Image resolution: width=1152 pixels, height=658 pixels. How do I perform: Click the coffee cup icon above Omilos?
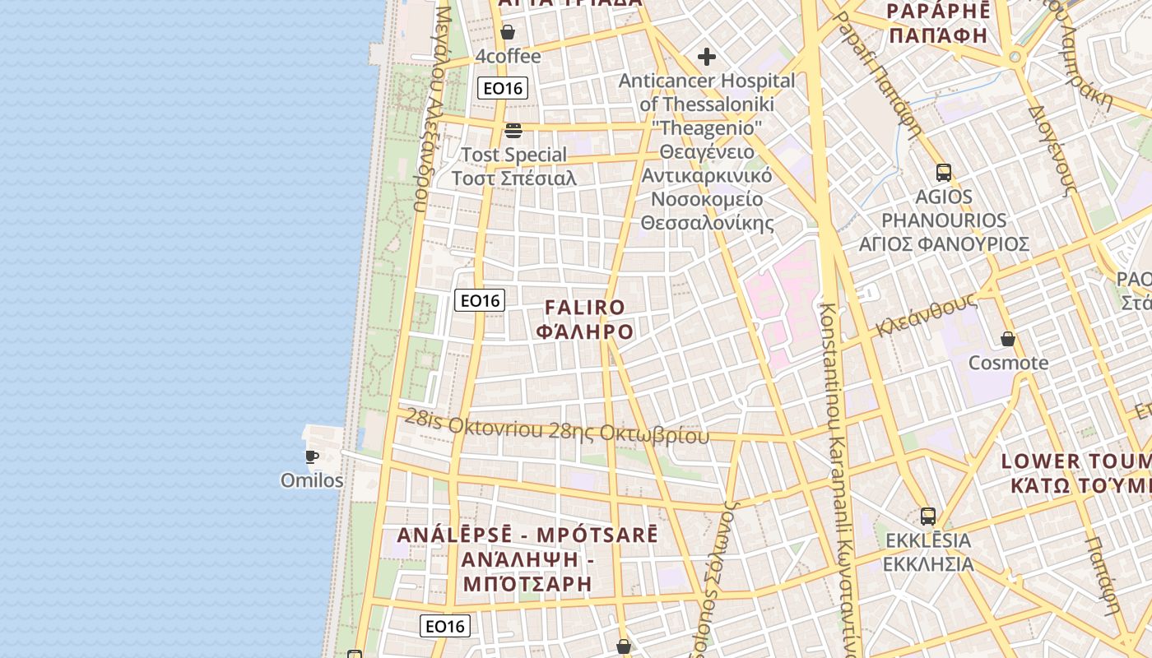311,456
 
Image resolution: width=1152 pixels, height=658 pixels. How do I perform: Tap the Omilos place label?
312,480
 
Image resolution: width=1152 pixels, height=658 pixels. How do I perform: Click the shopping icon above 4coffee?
508,32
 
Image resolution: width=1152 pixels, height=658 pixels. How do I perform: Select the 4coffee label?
509,56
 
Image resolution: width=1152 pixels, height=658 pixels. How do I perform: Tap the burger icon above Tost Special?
513,130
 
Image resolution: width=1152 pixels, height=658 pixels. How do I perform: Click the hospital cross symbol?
706,57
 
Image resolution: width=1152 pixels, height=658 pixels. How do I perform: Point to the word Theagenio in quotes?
707,128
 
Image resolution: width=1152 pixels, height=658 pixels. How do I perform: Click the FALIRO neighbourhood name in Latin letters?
585,308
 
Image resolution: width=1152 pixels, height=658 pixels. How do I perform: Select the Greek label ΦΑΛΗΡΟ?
585,331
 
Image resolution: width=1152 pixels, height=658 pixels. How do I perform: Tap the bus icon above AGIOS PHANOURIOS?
944,173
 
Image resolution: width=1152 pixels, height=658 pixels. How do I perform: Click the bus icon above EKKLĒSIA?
928,517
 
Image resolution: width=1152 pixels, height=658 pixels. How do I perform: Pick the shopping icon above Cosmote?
1008,339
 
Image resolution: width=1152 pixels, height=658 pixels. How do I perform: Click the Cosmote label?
1008,363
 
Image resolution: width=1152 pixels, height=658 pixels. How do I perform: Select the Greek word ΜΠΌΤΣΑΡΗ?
527,585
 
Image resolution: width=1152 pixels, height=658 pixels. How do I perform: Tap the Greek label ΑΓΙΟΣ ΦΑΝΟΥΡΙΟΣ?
944,244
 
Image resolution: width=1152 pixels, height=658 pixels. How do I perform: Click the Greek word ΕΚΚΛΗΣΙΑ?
928,564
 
